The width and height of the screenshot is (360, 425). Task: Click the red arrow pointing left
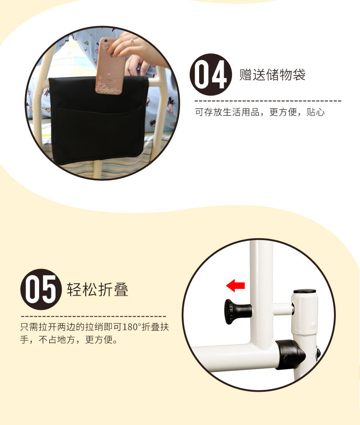pos(235,286)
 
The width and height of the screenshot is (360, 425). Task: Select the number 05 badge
pos(41,289)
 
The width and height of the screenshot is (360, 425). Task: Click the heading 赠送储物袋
pos(272,75)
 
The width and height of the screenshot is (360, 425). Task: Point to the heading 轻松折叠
pos(98,289)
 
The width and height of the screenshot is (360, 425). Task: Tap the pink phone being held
pos(110,66)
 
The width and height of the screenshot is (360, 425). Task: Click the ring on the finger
pos(132,42)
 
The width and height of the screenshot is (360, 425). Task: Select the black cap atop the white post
pos(305,292)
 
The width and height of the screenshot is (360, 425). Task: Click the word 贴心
pos(315,112)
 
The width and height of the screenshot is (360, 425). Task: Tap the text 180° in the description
pos(132,327)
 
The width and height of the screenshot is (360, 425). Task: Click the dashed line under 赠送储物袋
pos(268,101)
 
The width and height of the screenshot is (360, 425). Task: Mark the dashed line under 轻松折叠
pos(93,316)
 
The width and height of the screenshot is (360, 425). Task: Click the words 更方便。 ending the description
pos(101,339)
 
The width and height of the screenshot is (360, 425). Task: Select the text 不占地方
pos(57,339)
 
